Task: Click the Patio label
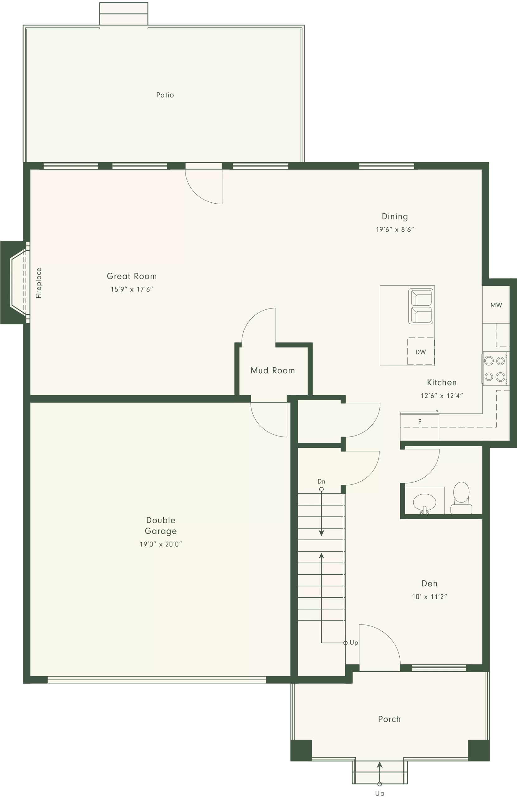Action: [x=165, y=95]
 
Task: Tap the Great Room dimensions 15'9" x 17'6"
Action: [x=132, y=289]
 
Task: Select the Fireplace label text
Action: [x=39, y=283]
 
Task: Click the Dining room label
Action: [x=395, y=217]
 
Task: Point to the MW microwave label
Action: [x=496, y=305]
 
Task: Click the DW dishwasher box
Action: [x=421, y=351]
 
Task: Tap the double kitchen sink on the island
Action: [x=421, y=306]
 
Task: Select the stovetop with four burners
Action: [x=495, y=368]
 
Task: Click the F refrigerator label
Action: [x=420, y=422]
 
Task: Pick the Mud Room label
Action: [x=273, y=370]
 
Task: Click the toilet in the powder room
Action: [x=461, y=498]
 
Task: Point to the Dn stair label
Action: [x=322, y=482]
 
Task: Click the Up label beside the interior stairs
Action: [x=354, y=643]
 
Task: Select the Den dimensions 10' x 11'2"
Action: [x=430, y=597]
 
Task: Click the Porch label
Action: [x=389, y=719]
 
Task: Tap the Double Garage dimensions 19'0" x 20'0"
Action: [x=161, y=544]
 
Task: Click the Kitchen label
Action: [x=442, y=382]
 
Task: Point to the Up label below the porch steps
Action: [x=380, y=793]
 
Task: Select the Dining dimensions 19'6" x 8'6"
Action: [x=395, y=230]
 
